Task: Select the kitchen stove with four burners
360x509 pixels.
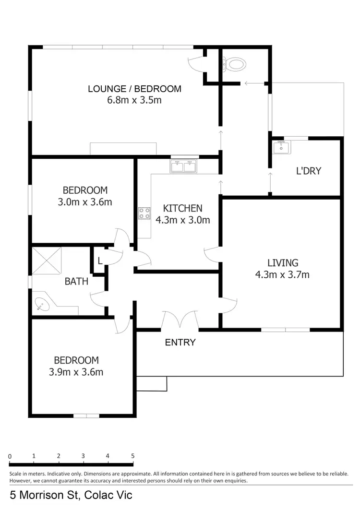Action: [144, 213]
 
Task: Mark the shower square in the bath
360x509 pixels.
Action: [47, 260]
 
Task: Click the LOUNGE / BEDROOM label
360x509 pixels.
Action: [134, 89]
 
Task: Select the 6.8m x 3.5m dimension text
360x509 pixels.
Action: [134, 100]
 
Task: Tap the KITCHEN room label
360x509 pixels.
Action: [182, 208]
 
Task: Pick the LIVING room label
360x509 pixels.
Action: [283, 263]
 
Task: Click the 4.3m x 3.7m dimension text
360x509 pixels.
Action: [283, 275]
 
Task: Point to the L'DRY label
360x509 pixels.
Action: [308, 171]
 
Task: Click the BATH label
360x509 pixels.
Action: [76, 282]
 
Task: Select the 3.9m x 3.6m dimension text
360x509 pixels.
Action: [76, 372]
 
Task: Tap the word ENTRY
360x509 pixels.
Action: [180, 343]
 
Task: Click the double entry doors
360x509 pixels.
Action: [180, 320]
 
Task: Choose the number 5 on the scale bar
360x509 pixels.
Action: [132, 456]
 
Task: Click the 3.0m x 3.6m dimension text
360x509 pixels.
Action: [85, 202]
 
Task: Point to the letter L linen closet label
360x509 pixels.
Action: [100, 260]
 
